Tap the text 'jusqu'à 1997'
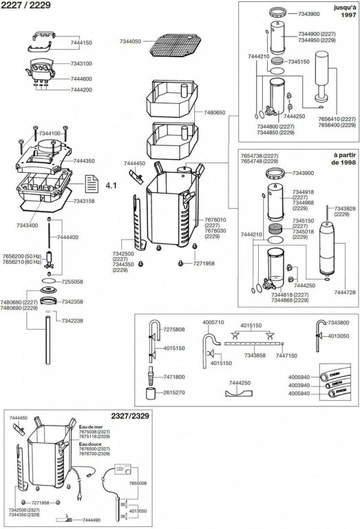tap(342, 11)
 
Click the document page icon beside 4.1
tap(91, 185)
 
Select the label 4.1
tap(112, 186)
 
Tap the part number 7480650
tap(218, 111)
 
